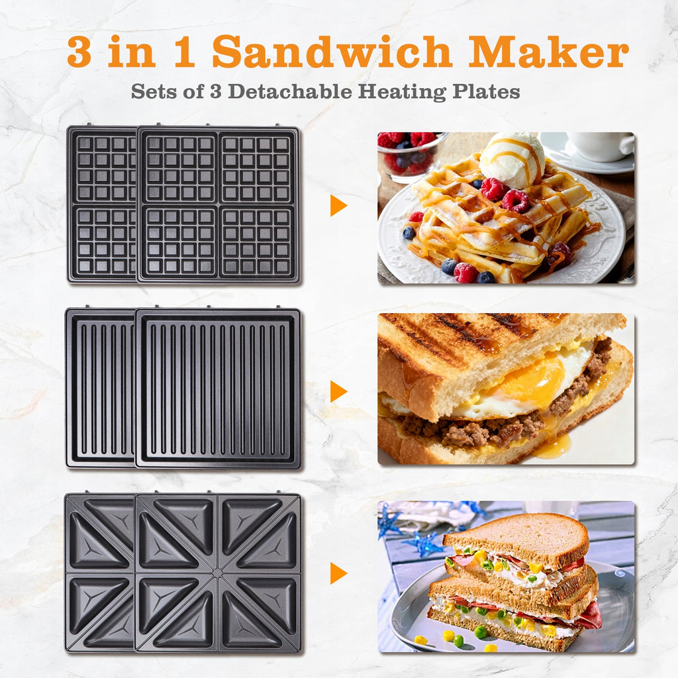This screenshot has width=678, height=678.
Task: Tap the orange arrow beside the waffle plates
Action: pos(338,205)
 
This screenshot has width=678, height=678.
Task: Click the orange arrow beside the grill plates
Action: pos(338,391)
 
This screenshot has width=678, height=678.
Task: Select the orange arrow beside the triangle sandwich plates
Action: pos(338,573)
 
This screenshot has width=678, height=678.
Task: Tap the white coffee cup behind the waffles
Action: pos(602,146)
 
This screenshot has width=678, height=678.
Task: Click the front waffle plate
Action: pos(218,205)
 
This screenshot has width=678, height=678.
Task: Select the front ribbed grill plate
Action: pos(218,388)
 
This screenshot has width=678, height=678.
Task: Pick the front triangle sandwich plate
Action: pos(217,572)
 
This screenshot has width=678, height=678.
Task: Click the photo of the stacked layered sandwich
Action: pos(506,577)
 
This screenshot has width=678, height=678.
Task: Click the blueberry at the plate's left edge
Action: pos(409,232)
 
